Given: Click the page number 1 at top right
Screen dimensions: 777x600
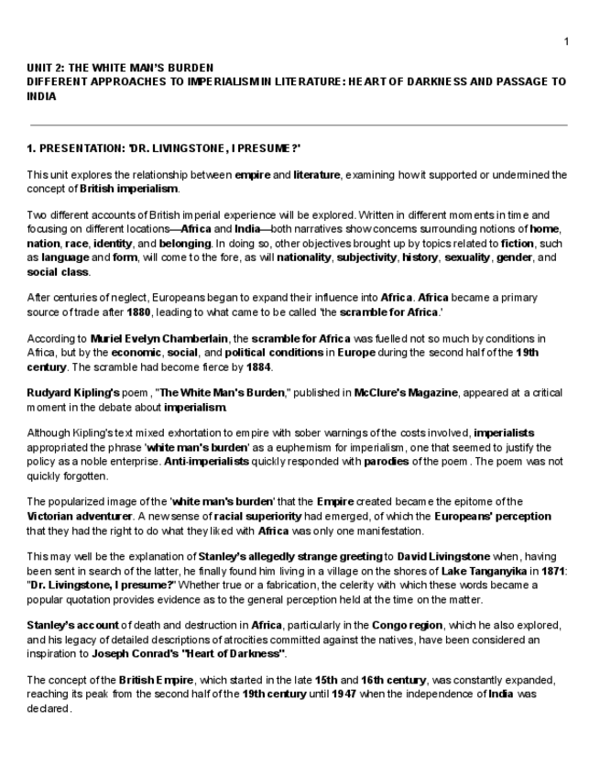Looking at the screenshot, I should click(x=566, y=41).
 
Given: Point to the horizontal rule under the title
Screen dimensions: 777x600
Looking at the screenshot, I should click(x=299, y=125).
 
